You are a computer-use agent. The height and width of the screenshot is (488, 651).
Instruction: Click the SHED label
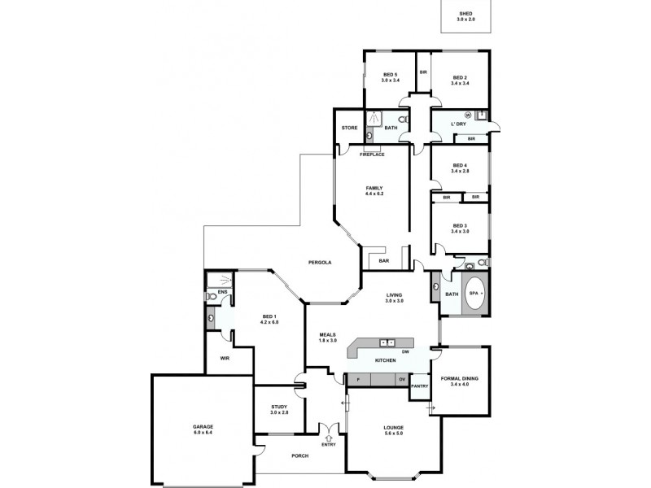click(467, 13)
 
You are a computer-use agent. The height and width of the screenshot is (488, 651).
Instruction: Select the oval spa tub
click(476, 294)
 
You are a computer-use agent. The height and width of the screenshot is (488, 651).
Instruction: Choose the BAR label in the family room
click(384, 261)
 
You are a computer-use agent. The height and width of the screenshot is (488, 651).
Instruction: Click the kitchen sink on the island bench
click(387, 343)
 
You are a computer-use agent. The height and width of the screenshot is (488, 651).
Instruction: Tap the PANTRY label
click(420, 386)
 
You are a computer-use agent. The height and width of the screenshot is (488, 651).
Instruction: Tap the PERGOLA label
click(319, 262)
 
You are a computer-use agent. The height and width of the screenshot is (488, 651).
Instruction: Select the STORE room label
click(349, 128)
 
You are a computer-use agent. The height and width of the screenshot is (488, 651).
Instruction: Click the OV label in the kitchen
click(401, 379)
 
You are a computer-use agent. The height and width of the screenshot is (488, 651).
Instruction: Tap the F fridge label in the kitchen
click(356, 379)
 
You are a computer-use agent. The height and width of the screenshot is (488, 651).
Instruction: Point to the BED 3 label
click(461, 228)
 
